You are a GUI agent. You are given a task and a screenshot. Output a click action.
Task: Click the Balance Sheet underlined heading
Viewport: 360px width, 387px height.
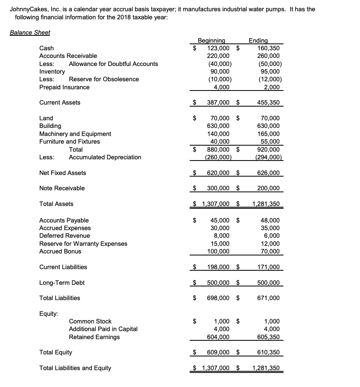[x=30, y=33]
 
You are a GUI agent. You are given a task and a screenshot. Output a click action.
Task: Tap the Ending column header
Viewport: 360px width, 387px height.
[x=258, y=40]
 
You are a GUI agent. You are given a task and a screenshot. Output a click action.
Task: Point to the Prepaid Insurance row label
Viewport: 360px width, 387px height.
[x=64, y=87]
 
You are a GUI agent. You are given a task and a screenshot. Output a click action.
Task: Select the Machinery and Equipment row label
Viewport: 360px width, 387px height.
[x=75, y=134]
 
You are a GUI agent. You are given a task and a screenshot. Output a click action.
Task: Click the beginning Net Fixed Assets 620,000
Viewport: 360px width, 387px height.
[x=218, y=173]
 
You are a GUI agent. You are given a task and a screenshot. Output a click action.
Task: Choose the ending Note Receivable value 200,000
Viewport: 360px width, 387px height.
[x=269, y=188]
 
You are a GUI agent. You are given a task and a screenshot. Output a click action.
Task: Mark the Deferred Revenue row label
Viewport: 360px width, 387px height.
[x=64, y=236]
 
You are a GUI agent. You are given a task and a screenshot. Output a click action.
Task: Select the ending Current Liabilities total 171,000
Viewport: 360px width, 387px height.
[x=269, y=267]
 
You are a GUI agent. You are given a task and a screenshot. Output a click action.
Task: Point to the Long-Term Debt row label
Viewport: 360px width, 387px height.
[x=62, y=283]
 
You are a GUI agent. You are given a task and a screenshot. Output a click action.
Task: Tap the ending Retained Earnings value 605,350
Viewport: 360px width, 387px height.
[x=269, y=337]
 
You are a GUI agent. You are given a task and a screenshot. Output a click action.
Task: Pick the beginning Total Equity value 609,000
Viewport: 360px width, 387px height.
[x=218, y=353]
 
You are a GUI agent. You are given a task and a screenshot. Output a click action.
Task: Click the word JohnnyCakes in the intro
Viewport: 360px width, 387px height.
[x=27, y=9]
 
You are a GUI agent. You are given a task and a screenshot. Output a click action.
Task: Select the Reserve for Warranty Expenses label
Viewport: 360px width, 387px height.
[x=83, y=244]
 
